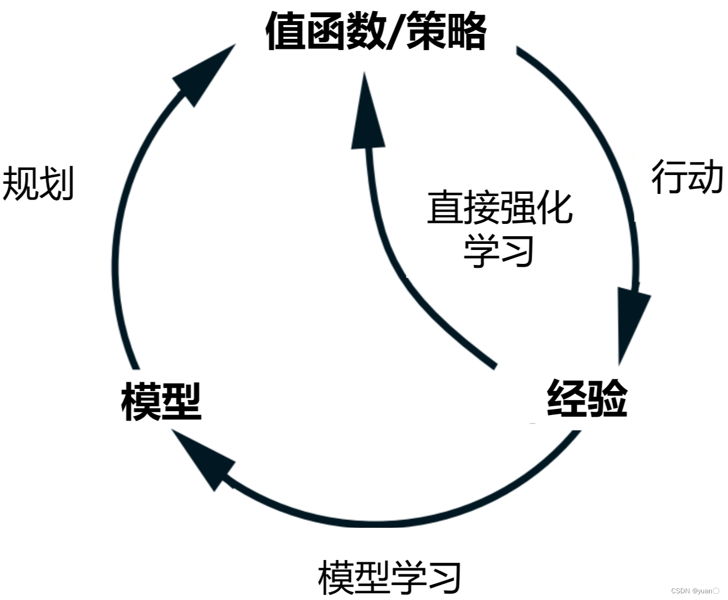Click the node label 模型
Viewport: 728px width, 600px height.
tap(161, 401)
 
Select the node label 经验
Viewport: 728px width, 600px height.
tap(587, 398)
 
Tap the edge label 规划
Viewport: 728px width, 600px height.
tap(38, 183)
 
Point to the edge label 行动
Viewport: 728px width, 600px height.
tap(687, 178)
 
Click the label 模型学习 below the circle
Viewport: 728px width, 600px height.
tap(389, 578)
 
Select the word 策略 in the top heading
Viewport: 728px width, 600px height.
tap(447, 31)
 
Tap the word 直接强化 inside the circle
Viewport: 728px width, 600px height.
tap(499, 208)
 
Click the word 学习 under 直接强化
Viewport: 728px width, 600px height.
tap(499, 251)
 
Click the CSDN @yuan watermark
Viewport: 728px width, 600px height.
tap(695, 591)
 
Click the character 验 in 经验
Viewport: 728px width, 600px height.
tap(608, 398)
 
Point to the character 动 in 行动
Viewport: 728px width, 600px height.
tap(706, 178)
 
